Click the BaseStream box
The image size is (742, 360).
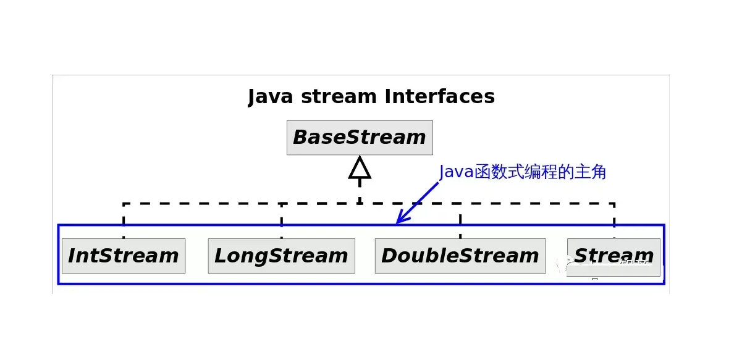pyautogui.click(x=360, y=138)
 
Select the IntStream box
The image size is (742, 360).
pyautogui.click(x=124, y=256)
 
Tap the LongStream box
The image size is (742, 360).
pyautogui.click(x=281, y=256)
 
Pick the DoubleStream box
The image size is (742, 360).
pyautogui.click(x=460, y=256)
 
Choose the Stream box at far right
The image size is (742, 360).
pyautogui.click(x=613, y=256)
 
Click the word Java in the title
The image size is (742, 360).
pyautogui.click(x=269, y=97)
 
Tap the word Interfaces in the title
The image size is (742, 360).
pyautogui.click(x=439, y=97)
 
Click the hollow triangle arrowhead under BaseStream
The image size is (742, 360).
pyautogui.click(x=360, y=168)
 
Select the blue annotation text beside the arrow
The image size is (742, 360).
pyautogui.click(x=523, y=172)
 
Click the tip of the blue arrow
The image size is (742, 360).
pyautogui.click(x=398, y=222)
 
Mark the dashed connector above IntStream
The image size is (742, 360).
pyautogui.click(x=124, y=219)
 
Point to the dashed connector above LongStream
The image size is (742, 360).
pyautogui.click(x=281, y=219)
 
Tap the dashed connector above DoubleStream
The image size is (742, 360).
pyautogui.click(x=460, y=219)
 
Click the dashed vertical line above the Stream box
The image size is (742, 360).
pyautogui.click(x=613, y=219)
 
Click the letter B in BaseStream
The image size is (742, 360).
pyautogui.click(x=301, y=138)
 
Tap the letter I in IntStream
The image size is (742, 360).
pyautogui.click(x=72, y=256)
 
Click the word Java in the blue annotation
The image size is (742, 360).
pyautogui.click(x=456, y=172)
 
